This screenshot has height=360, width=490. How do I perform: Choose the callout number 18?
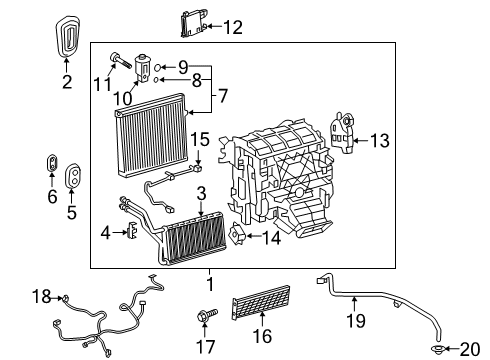point(41,297)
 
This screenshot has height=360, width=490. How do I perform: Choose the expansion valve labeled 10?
point(145,69)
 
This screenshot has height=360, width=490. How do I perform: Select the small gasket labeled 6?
point(51,162)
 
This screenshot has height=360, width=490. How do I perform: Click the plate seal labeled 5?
point(73,177)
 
